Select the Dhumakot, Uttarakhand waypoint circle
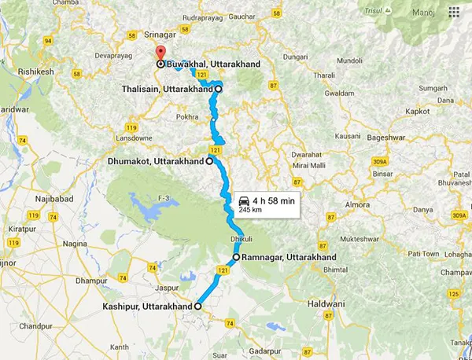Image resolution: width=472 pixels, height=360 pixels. point(209,162)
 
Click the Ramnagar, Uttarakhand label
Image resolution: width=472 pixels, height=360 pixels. point(289,257)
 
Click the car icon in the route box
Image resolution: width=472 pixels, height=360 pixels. point(242,202)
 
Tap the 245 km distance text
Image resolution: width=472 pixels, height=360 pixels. point(250,211)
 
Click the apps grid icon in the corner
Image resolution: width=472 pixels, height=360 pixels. point(453,13)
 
